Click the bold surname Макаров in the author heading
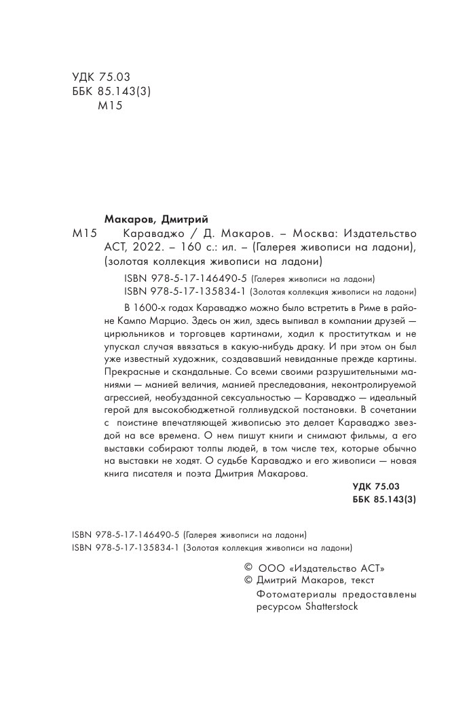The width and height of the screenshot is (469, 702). tap(129, 219)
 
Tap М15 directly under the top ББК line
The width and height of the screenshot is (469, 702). tap(109, 106)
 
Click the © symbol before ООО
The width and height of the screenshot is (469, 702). tap(248, 567)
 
